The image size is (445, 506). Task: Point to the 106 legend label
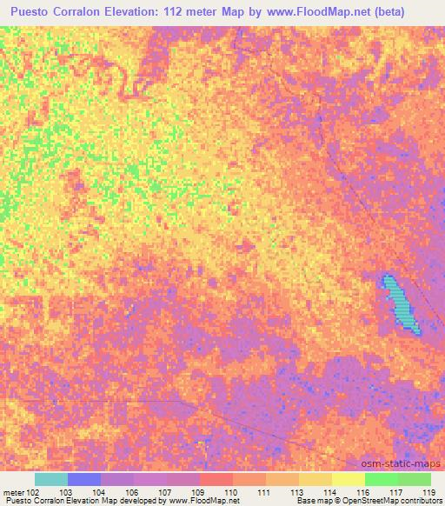click(x=132, y=492)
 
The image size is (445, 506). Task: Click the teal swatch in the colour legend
click(x=51, y=479)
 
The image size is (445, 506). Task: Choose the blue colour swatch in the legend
click(x=84, y=479)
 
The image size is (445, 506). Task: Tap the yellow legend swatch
click(x=348, y=479)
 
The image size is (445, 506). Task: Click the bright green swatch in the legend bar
click(x=381, y=479)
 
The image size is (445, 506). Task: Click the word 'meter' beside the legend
click(x=14, y=492)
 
